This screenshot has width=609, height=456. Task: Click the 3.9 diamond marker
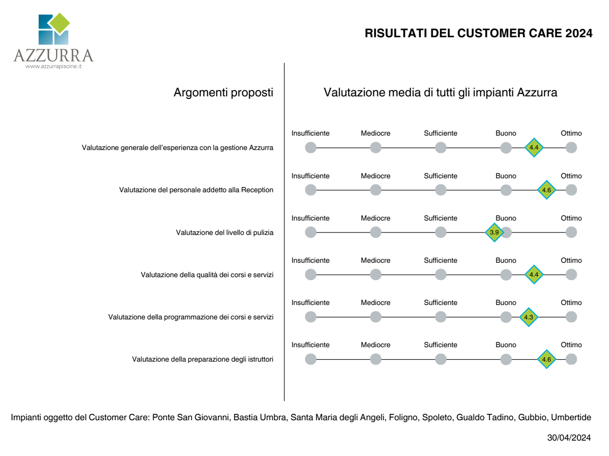click(x=494, y=232)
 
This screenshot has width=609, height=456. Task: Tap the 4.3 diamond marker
click(x=528, y=317)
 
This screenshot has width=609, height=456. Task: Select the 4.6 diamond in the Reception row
click(x=547, y=190)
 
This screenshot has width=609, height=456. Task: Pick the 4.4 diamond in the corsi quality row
click(x=534, y=275)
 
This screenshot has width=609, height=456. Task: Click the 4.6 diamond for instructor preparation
click(x=547, y=359)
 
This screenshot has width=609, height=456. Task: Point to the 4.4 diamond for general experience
click(x=534, y=148)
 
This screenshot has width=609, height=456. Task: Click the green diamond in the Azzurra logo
click(x=60, y=23)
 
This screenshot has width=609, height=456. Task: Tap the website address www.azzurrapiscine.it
click(x=54, y=67)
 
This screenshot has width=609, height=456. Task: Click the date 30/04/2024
click(x=569, y=438)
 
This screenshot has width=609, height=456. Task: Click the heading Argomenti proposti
click(x=223, y=92)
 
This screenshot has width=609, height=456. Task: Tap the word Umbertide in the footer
click(x=571, y=417)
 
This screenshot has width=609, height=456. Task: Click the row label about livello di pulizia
click(x=225, y=232)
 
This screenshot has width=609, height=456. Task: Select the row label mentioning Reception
click(x=196, y=190)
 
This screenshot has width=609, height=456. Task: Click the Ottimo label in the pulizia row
click(x=571, y=218)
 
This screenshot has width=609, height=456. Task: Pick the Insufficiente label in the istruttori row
click(x=310, y=345)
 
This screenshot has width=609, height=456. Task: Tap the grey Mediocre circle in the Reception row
click(x=375, y=190)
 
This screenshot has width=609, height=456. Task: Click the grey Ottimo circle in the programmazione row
click(x=571, y=317)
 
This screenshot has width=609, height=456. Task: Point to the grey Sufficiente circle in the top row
click(x=440, y=148)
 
